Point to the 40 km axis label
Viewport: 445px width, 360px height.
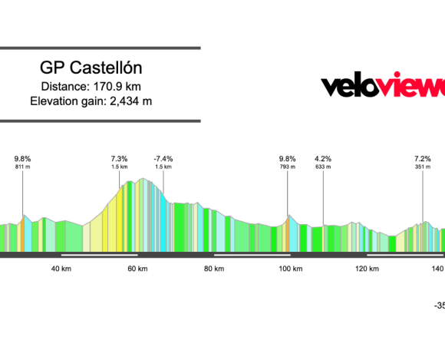[x=61, y=269]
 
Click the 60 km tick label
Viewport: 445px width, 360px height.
[x=137, y=269]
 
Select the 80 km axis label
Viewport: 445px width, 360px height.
[x=214, y=269]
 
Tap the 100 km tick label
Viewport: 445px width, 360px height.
[x=290, y=269]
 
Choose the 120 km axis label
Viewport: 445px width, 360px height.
[x=367, y=269]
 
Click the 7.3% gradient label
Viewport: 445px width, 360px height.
[x=119, y=159]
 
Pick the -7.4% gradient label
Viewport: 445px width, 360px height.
[x=163, y=159]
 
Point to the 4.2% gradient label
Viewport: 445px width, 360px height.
[x=323, y=159]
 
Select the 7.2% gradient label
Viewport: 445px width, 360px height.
[x=423, y=159]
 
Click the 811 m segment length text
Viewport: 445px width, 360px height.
[x=22, y=167]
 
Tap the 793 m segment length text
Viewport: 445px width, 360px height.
[x=287, y=167]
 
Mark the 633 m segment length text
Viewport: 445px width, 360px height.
[x=323, y=167]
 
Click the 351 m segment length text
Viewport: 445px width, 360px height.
[x=423, y=167]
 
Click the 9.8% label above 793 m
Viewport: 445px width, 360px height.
[x=287, y=159]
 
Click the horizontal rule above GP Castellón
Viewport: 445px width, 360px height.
[x=100, y=48]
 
